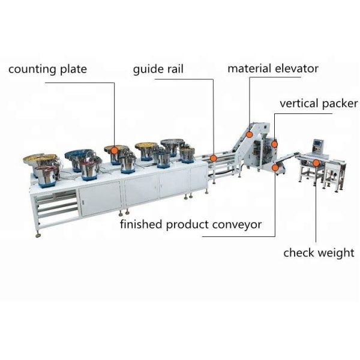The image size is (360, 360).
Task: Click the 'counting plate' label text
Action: (48, 70)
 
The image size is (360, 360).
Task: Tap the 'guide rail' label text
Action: (158, 69)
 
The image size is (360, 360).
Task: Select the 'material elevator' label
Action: (273, 68)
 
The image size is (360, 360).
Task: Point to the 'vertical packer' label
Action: (319, 104)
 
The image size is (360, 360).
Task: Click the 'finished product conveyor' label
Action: (191, 224)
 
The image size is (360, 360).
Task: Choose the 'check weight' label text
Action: (319, 253)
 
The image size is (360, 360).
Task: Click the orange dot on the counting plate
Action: (114, 151)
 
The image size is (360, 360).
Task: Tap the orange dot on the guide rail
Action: (214, 158)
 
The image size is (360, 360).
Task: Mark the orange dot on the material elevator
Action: (250, 134)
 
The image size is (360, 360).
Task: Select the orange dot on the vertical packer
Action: (274, 144)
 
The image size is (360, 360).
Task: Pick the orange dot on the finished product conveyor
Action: (275, 167)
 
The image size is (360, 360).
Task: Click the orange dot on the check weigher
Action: (316, 163)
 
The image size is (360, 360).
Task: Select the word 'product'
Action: (187, 225)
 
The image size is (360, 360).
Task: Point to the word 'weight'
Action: (337, 253)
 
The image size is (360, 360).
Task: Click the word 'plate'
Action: (73, 70)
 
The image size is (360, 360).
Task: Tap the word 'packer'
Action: (340, 104)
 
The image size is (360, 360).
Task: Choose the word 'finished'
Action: (141, 224)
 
